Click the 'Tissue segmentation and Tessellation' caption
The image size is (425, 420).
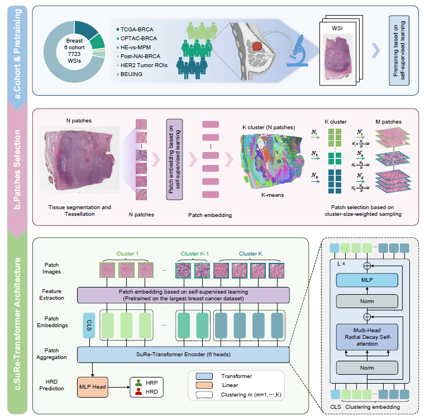coord(78,210)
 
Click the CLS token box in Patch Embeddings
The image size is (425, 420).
coord(87,325)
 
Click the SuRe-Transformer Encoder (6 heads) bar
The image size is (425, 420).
coord(183,355)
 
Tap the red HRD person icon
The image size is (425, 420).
coord(140,393)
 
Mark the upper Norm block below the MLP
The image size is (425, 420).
coord(366,303)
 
